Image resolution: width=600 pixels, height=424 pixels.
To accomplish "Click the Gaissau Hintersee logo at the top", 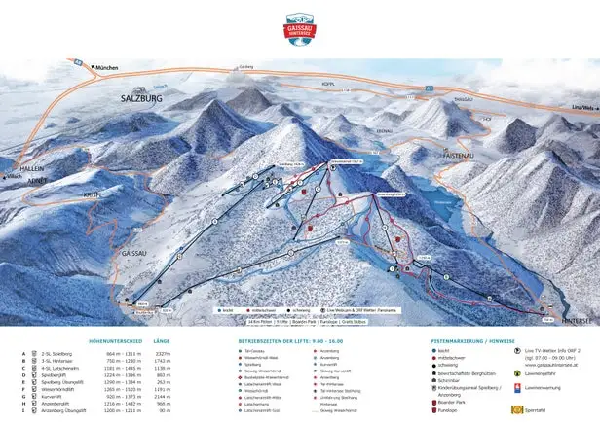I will [x=300, y=25].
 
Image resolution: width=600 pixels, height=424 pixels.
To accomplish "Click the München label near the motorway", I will [x=106, y=68].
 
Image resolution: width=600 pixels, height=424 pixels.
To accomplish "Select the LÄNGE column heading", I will [x=162, y=341].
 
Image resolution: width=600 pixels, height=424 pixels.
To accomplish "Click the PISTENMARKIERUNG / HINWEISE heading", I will [x=471, y=341].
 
